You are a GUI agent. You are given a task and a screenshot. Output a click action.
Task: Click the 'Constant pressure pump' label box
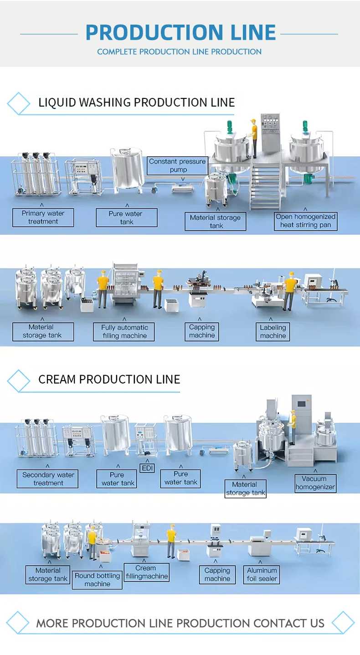tap(177, 165)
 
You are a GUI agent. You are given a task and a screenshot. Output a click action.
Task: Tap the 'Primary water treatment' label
tap(43, 217)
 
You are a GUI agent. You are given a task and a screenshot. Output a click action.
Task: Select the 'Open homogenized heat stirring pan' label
tap(305, 221)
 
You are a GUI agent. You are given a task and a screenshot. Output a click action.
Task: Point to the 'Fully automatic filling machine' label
tap(124, 331)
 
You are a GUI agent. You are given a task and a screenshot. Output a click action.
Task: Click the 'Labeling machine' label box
tap(273, 331)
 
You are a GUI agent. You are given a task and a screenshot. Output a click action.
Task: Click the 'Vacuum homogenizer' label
tap(315, 483)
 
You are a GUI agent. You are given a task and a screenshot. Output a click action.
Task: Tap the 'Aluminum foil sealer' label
tap(262, 574)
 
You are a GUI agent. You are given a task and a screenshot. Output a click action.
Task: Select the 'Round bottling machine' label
tap(98, 579)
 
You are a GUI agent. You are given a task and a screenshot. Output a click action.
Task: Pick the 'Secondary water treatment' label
tap(48, 479)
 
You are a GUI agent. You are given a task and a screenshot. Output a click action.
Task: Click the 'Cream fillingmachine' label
tap(146, 572)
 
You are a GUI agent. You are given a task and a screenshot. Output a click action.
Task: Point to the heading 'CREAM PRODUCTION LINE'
tap(109, 379)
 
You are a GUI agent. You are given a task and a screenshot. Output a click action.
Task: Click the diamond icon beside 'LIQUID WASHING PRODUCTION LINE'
tap(19, 103)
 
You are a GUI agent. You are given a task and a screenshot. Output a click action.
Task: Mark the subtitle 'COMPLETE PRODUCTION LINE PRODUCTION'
tap(179, 52)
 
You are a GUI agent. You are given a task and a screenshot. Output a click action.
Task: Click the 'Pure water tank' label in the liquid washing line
tap(126, 217)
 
